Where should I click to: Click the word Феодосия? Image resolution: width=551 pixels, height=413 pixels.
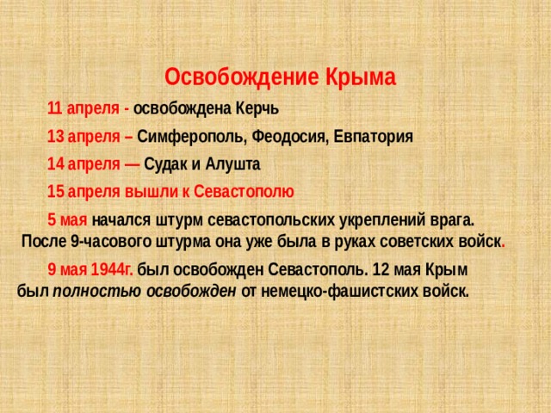coord(288,137)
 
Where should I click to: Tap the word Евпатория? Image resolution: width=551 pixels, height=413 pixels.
coord(371,137)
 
